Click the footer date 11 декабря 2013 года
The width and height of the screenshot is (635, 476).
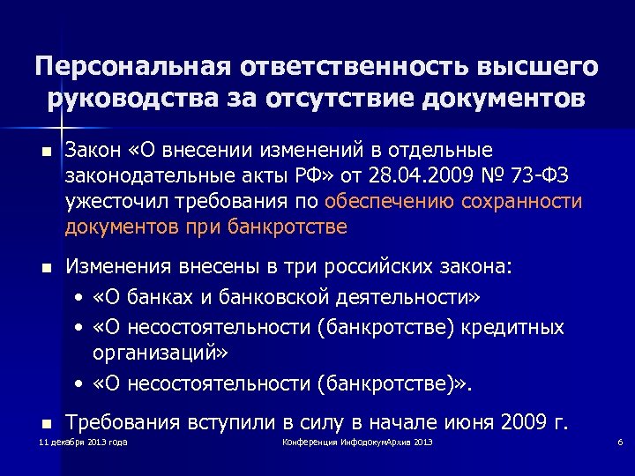tap(84, 441)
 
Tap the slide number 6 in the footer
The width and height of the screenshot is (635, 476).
tap(621, 441)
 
